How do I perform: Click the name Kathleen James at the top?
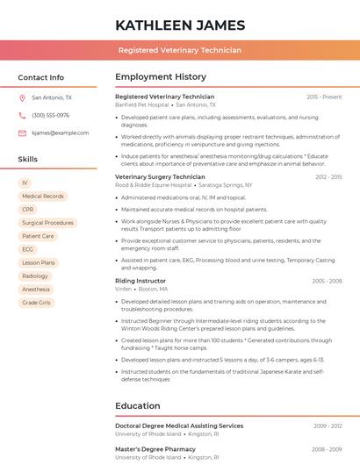pyautogui.click(x=180, y=25)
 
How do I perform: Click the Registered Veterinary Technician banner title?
pyautogui.click(x=180, y=50)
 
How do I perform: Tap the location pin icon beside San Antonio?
pyautogui.click(x=22, y=98)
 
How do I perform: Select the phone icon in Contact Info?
pyautogui.click(x=22, y=116)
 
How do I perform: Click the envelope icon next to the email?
pyautogui.click(x=22, y=133)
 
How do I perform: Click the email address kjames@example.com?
pyautogui.click(x=60, y=133)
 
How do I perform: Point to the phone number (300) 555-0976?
pyautogui.click(x=50, y=116)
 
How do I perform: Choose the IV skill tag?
pyautogui.click(x=25, y=183)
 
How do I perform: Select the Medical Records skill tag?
pyautogui.click(x=42, y=197)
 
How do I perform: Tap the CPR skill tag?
pyautogui.click(x=28, y=210)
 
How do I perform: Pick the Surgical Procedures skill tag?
pyautogui.click(x=47, y=223)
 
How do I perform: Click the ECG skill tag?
pyautogui.click(x=28, y=249)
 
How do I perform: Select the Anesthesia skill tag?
pyautogui.click(x=36, y=290)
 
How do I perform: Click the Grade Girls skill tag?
pyautogui.click(x=36, y=303)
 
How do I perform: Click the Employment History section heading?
pyautogui.click(x=161, y=77)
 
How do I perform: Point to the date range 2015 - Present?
pyautogui.click(x=324, y=97)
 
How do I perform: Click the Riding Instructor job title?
pyautogui.click(x=140, y=281)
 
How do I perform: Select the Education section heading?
pyautogui.click(x=137, y=406)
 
